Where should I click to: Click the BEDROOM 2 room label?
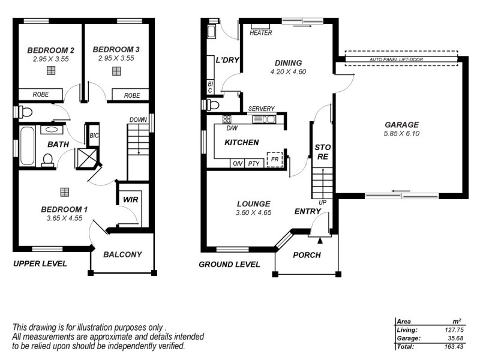click(x=50, y=50)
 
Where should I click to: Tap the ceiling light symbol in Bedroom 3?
click(x=116, y=71)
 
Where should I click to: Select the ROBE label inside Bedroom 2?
click(x=40, y=95)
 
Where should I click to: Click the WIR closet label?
click(x=130, y=200)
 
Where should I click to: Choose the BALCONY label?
click(x=122, y=254)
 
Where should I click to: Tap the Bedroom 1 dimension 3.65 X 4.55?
click(x=64, y=218)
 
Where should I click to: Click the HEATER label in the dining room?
click(x=261, y=33)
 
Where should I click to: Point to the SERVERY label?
click(x=261, y=109)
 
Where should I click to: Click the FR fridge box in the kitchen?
click(x=274, y=159)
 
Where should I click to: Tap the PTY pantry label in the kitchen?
click(x=253, y=164)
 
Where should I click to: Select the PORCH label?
click(x=307, y=255)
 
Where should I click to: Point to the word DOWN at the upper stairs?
click(x=137, y=119)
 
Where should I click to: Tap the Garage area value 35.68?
click(x=455, y=338)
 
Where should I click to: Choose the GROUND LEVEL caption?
click(x=229, y=265)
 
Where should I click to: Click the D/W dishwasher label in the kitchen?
click(x=232, y=128)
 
